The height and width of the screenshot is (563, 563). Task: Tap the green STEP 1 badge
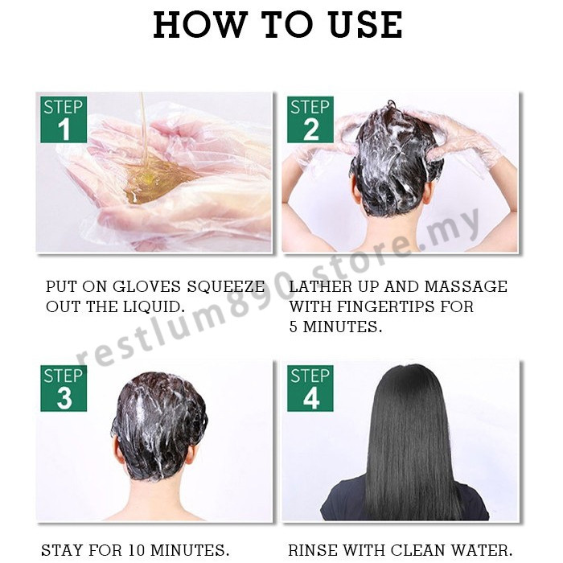[64, 120]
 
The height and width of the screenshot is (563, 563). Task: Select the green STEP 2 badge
[310, 120]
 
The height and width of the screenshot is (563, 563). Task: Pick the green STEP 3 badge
[64, 388]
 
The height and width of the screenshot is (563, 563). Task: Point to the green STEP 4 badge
[310, 388]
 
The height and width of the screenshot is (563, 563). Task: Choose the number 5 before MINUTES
[294, 327]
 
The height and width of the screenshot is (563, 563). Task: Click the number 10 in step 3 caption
[136, 549]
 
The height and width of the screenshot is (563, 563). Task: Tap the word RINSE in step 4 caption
[313, 549]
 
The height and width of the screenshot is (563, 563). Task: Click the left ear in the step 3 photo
[117, 450]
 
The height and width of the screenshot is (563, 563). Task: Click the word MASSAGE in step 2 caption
[466, 287]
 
